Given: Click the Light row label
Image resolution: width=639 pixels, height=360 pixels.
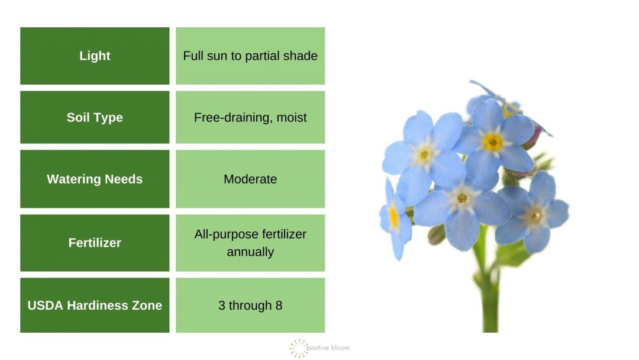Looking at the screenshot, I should tap(95, 56).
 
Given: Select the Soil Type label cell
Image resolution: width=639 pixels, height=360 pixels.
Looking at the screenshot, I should tap(95, 117).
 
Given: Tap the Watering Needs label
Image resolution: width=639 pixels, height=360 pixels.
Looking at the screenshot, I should tap(95, 179).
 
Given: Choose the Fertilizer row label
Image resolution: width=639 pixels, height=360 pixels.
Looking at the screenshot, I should tap(95, 243).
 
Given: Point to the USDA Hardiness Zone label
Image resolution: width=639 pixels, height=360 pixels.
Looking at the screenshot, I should tap(95, 306).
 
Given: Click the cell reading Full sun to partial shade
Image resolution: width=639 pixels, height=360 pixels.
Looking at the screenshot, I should tap(250, 56).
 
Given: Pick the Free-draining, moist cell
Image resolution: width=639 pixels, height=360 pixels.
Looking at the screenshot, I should tap(250, 117).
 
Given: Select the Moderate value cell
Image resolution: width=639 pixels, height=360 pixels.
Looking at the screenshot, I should tap(250, 179).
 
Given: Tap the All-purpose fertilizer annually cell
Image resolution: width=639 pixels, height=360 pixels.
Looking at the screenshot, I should tap(250, 243).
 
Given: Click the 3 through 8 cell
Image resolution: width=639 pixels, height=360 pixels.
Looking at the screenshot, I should tap(250, 306).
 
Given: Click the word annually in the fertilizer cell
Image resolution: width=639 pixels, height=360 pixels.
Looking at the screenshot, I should tap(250, 252).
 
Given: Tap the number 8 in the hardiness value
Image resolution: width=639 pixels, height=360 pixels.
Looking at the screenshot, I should tap(279, 306).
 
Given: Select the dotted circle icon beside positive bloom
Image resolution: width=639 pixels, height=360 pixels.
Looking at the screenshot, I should tap(299, 348).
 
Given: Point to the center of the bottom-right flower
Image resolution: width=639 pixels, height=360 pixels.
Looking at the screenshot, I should tap(535, 216).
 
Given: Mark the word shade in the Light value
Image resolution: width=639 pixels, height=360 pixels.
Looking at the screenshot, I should tap(302, 56).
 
